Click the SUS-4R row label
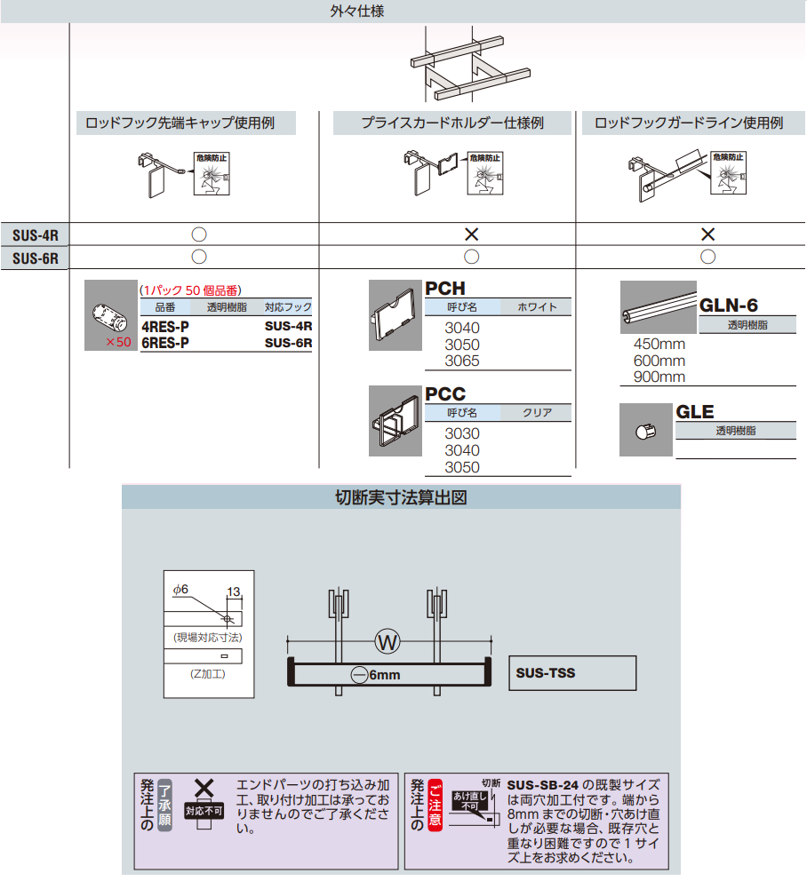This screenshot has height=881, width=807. coord(36,234)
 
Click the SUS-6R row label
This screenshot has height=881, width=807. coord(36,258)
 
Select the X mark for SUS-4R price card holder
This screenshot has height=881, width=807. coord(472,234)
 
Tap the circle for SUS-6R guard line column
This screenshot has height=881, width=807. coord(707,258)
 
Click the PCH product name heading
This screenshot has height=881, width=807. coord(444,289)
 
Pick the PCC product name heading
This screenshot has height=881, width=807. coord(444,394)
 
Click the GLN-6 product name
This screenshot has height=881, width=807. coord(729,306)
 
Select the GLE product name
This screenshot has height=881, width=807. coord(695,412)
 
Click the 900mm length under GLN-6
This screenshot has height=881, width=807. coord(659,377)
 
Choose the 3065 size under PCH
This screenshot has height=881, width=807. coord(461,361)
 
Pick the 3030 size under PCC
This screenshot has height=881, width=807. coord(461,434)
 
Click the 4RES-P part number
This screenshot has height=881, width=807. coord(165,327)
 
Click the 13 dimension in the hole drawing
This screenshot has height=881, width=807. coord(234,591)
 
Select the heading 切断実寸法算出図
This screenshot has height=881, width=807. coord(401,497)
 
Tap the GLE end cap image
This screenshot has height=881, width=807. coord(645,433)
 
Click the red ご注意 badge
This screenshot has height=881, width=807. coord(435,806)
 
